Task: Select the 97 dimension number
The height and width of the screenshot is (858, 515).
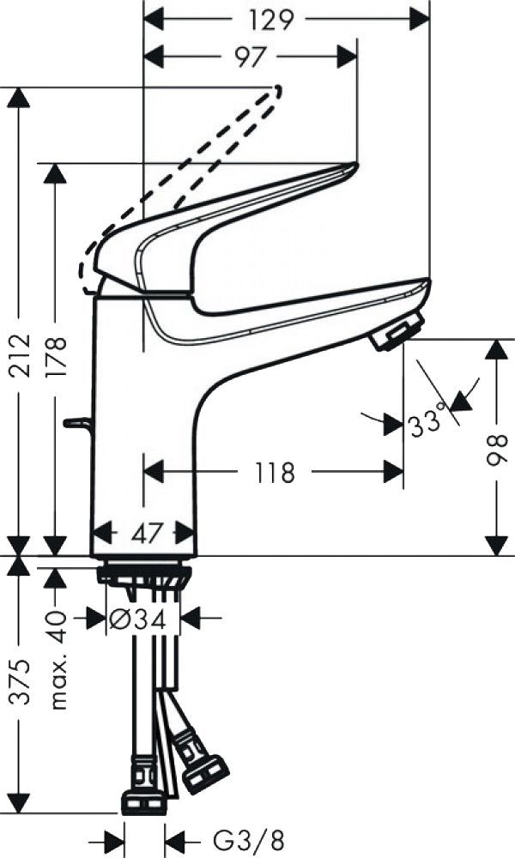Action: pyautogui.click(x=250, y=57)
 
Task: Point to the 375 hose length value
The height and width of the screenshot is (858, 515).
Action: pyautogui.click(x=21, y=682)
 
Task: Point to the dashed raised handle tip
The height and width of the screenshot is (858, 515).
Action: pyautogui.click(x=276, y=89)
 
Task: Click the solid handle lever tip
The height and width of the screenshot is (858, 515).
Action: pyautogui.click(x=353, y=165)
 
